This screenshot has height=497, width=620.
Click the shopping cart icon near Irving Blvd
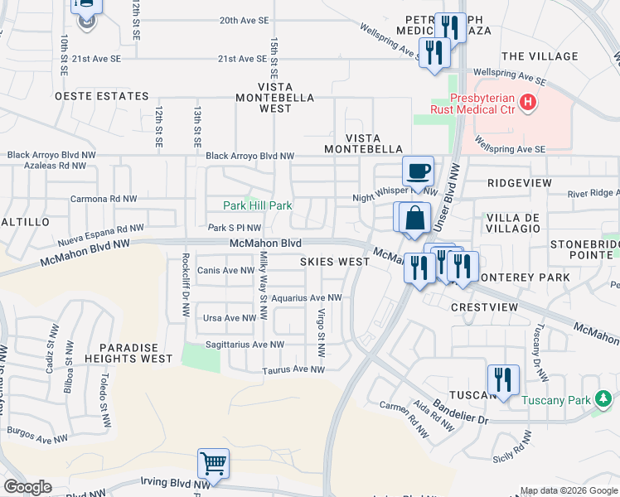[214, 463]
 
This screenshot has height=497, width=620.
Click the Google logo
[28, 487]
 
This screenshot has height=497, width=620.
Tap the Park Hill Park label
[257, 205]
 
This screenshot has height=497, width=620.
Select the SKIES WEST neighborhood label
[334, 262]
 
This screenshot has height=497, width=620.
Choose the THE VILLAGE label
[540, 56]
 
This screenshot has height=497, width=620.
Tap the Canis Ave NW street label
[225, 270]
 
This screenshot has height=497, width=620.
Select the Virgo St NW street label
[320, 325]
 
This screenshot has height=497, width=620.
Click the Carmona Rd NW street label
[104, 200]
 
